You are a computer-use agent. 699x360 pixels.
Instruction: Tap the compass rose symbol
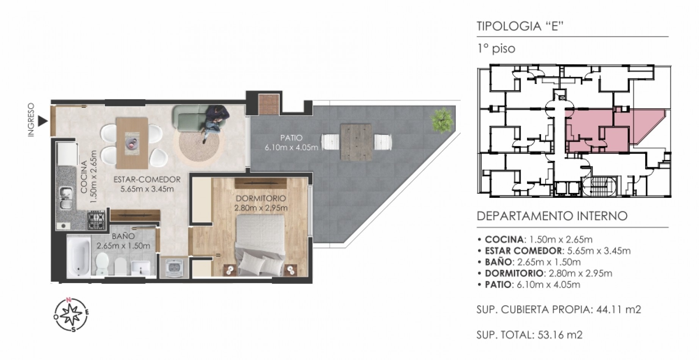pos(72,314)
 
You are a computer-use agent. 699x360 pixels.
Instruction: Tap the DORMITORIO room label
pos(261,203)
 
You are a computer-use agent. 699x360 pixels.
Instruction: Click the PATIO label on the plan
pos(291,142)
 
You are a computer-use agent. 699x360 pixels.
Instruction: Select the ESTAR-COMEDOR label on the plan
pos(147,184)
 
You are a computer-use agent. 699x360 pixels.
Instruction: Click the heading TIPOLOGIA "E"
pos(521,26)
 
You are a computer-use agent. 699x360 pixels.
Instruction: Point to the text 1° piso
pos(496,49)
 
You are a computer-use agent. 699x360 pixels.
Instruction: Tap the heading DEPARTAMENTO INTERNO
pos(552,216)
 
